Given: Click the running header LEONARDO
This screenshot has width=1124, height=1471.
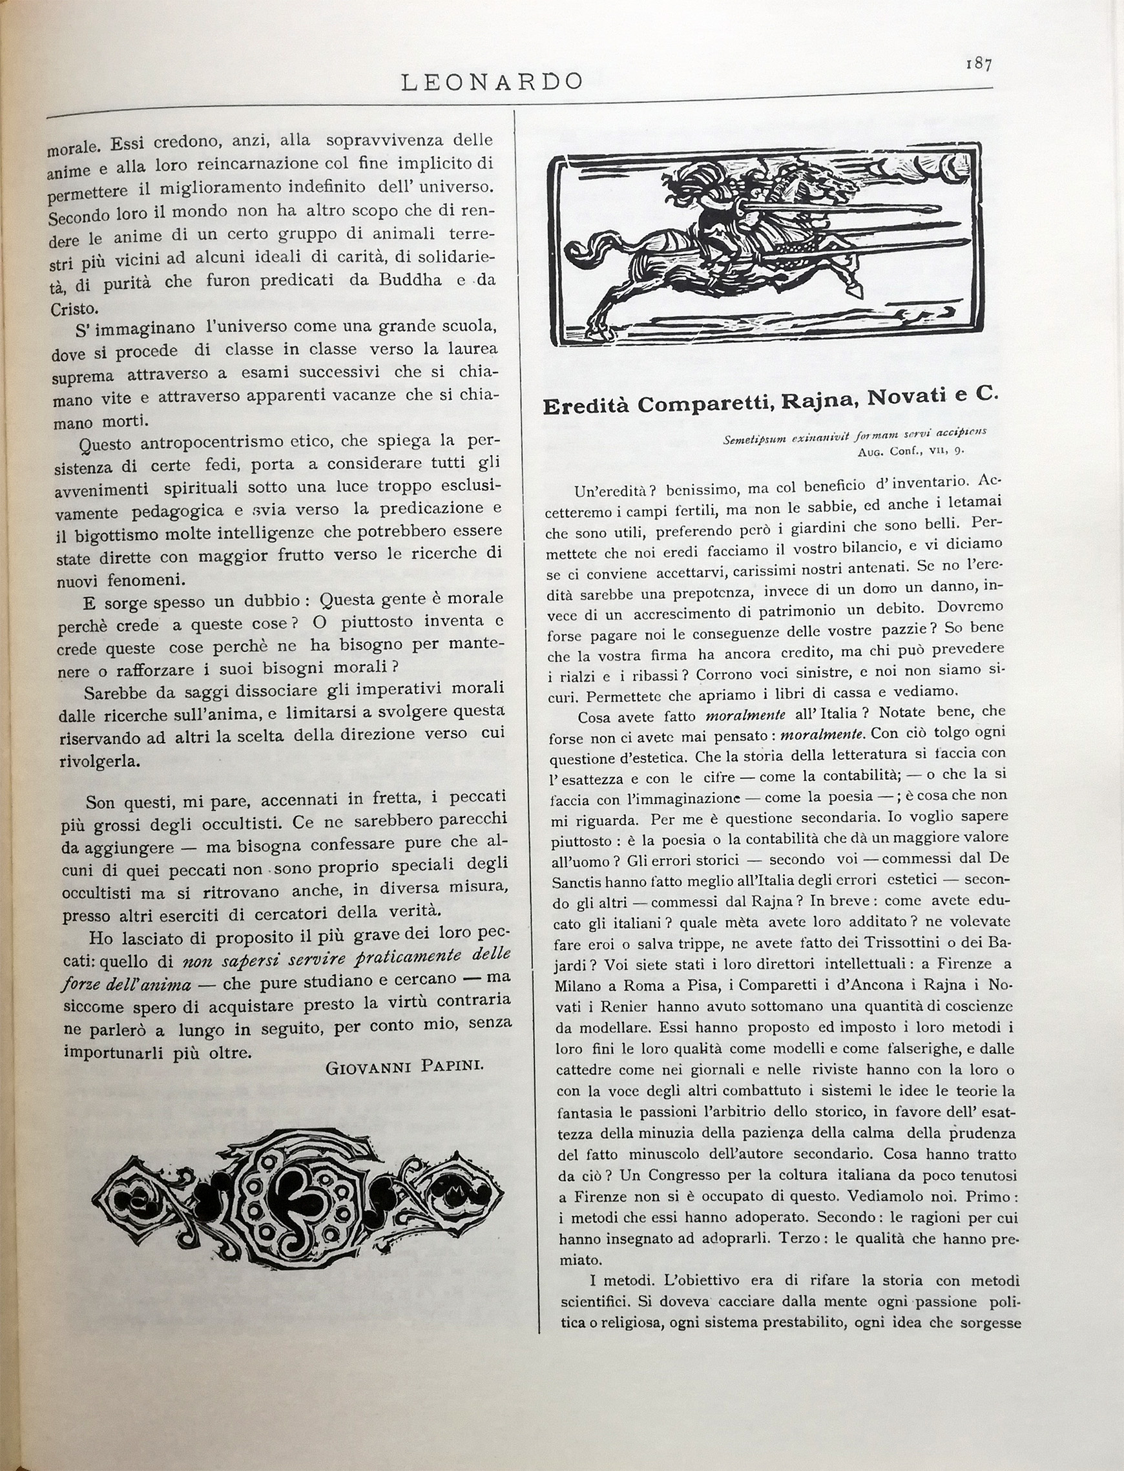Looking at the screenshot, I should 492,82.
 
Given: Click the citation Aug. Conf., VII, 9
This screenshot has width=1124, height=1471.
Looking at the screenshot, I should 911,450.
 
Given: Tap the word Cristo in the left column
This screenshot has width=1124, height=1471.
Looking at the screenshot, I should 74,309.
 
